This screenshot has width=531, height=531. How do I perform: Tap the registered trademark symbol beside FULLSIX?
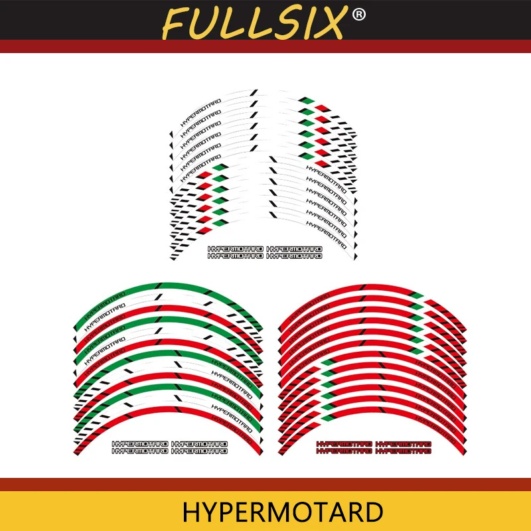(358, 15)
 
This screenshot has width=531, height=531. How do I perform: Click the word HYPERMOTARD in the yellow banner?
(283, 512)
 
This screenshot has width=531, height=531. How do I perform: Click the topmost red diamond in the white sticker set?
(321, 108)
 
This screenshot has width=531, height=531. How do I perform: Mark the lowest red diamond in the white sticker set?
(207, 227)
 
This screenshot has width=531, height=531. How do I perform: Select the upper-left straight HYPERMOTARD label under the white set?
(236, 249)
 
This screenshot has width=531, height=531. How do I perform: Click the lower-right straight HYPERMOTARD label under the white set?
(294, 256)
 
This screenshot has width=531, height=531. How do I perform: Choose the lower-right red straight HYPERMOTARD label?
(404, 451)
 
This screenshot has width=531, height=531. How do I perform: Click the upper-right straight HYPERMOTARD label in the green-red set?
(199, 443)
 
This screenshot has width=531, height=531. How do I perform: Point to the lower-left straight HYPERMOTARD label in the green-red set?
(141, 451)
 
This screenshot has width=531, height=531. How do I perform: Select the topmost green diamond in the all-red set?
(416, 295)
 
